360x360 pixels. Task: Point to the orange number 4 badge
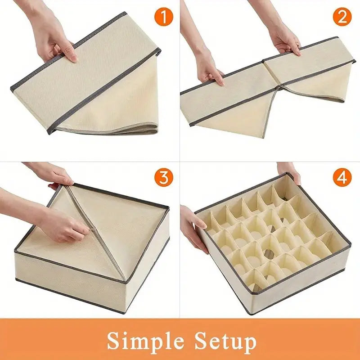click(342, 177)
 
